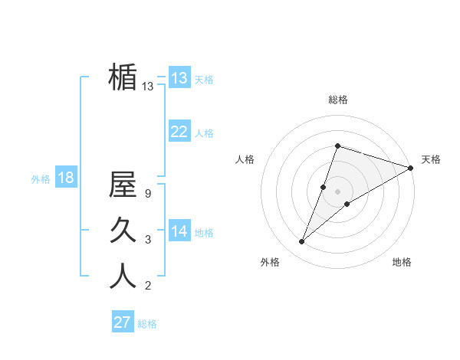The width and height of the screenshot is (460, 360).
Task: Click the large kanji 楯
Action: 123,77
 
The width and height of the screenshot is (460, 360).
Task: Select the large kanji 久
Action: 123,230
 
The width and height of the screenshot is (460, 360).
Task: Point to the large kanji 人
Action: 123,276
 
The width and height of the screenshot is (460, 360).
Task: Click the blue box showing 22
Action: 179,132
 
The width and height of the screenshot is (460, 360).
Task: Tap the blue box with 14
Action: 179,232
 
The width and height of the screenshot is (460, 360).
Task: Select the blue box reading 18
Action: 66,178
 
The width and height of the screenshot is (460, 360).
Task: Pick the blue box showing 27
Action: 123,322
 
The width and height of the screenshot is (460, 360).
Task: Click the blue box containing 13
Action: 179,78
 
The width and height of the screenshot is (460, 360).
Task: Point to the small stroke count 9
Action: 147,194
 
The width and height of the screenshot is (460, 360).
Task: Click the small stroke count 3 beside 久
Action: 147,240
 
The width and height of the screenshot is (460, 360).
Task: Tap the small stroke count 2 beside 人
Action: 147,286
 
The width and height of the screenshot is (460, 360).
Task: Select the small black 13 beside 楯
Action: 147,87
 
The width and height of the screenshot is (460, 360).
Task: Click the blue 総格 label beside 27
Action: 147,324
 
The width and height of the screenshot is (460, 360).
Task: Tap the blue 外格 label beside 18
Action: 41,179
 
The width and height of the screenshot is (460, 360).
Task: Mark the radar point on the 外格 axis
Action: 302,242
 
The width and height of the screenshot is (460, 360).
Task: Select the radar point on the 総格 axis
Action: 337,146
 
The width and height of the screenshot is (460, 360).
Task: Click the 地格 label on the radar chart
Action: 402,263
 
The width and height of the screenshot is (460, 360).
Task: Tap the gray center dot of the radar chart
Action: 337,191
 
